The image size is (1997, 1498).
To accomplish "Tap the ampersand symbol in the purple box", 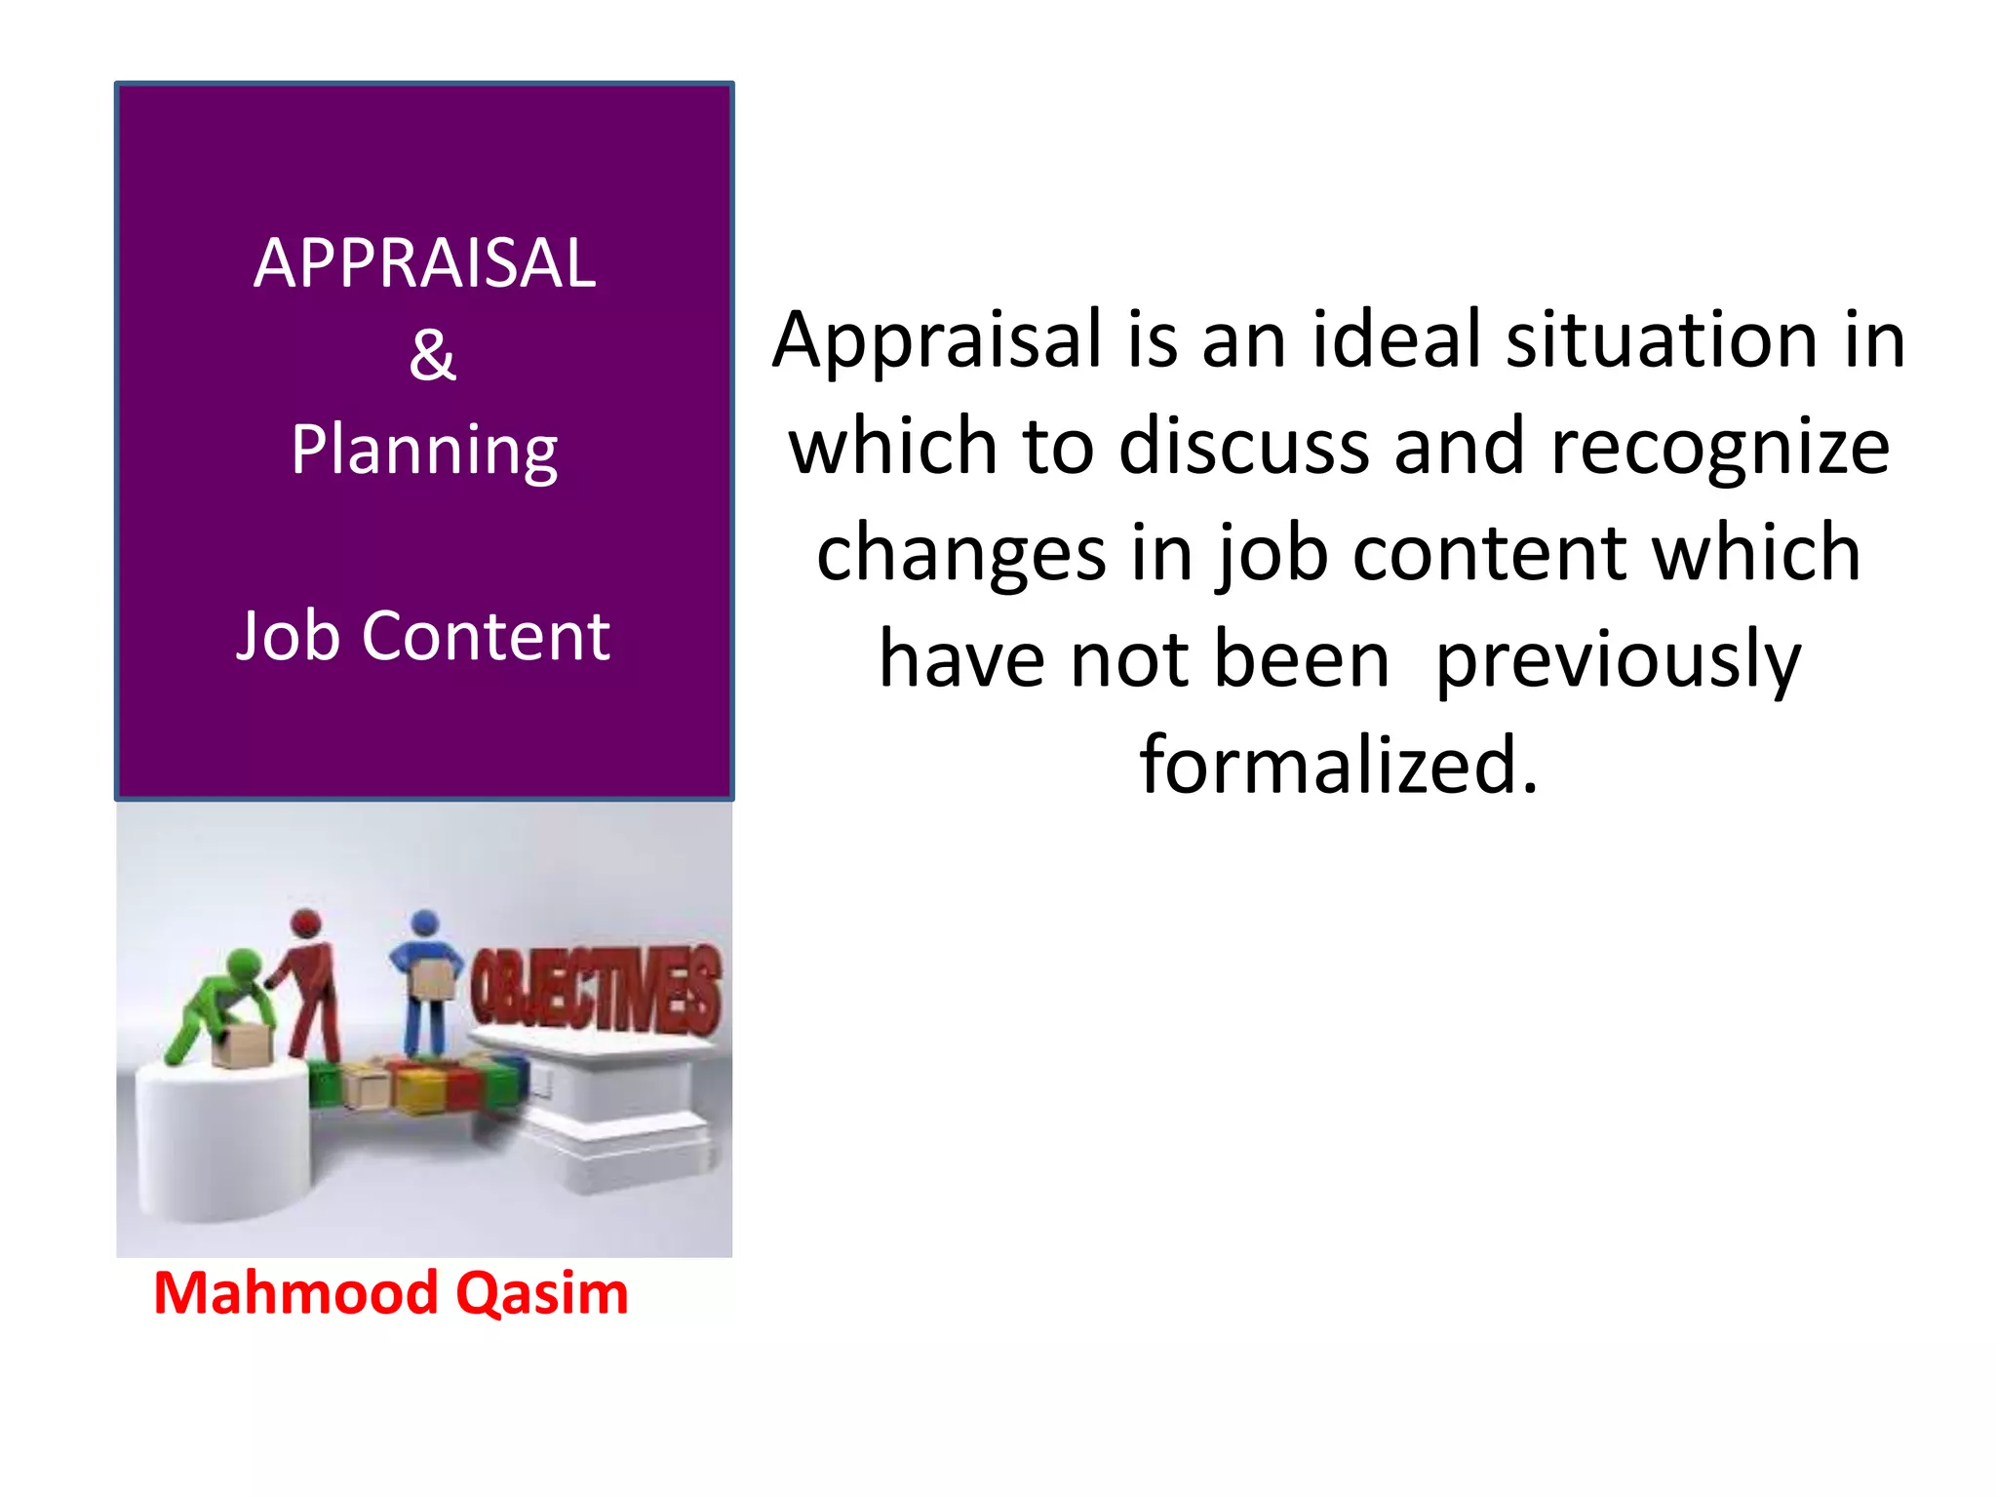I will pyautogui.click(x=432, y=355).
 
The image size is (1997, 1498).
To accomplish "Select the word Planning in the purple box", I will pyautogui.click(x=424, y=452).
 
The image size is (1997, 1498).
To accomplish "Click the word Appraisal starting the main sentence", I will pyautogui.click(x=937, y=341).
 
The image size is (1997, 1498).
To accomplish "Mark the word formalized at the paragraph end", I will pyautogui.click(x=1338, y=766).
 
